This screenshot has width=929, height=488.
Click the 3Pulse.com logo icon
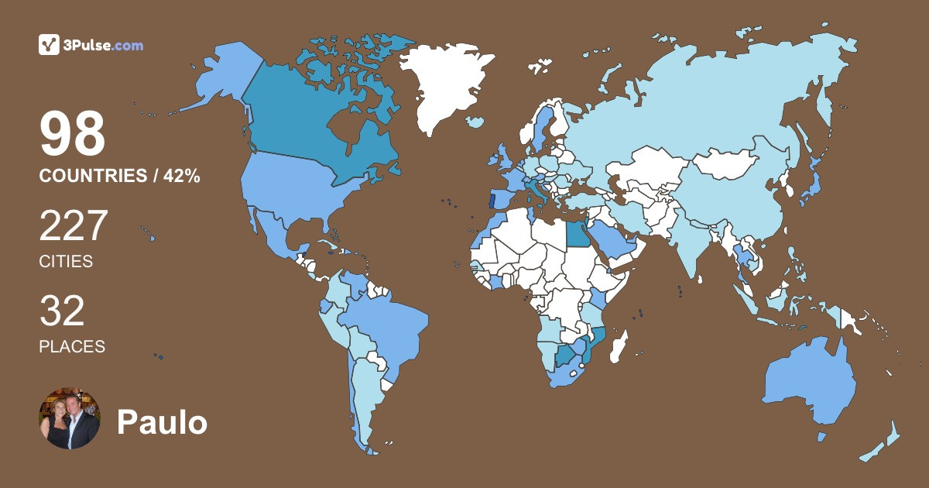[x=50, y=45]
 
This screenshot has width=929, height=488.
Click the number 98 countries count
[x=72, y=134]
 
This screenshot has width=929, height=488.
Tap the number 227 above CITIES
[x=73, y=226]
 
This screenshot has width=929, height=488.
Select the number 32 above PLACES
[x=62, y=311]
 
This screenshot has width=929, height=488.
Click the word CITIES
[x=66, y=262]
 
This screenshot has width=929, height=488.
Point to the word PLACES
[x=72, y=347]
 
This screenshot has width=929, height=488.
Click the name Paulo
[x=162, y=422]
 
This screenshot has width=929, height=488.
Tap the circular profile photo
[x=70, y=418]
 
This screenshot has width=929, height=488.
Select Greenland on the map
[x=445, y=85]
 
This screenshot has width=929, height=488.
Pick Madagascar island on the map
[x=619, y=346]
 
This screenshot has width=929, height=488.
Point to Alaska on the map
[x=221, y=77]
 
